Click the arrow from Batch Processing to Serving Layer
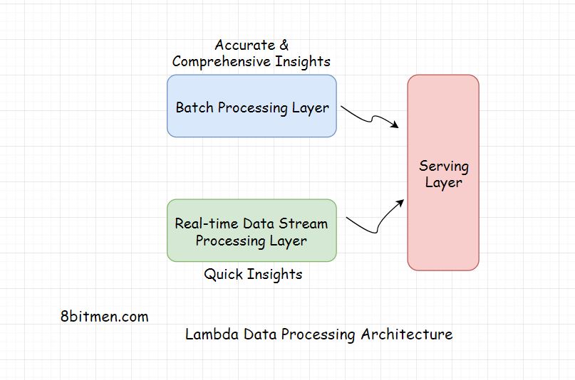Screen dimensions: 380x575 coord(370,117)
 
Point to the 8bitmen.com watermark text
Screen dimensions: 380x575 coord(105,317)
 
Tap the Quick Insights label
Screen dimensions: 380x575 coord(253,274)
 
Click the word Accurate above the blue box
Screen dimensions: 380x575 coord(243,46)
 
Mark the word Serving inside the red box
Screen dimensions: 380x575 coord(443,167)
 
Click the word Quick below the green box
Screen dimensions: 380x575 coord(224,274)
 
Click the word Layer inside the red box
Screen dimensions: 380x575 coord(443,183)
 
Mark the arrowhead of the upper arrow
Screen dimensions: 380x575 coord(395,125)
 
